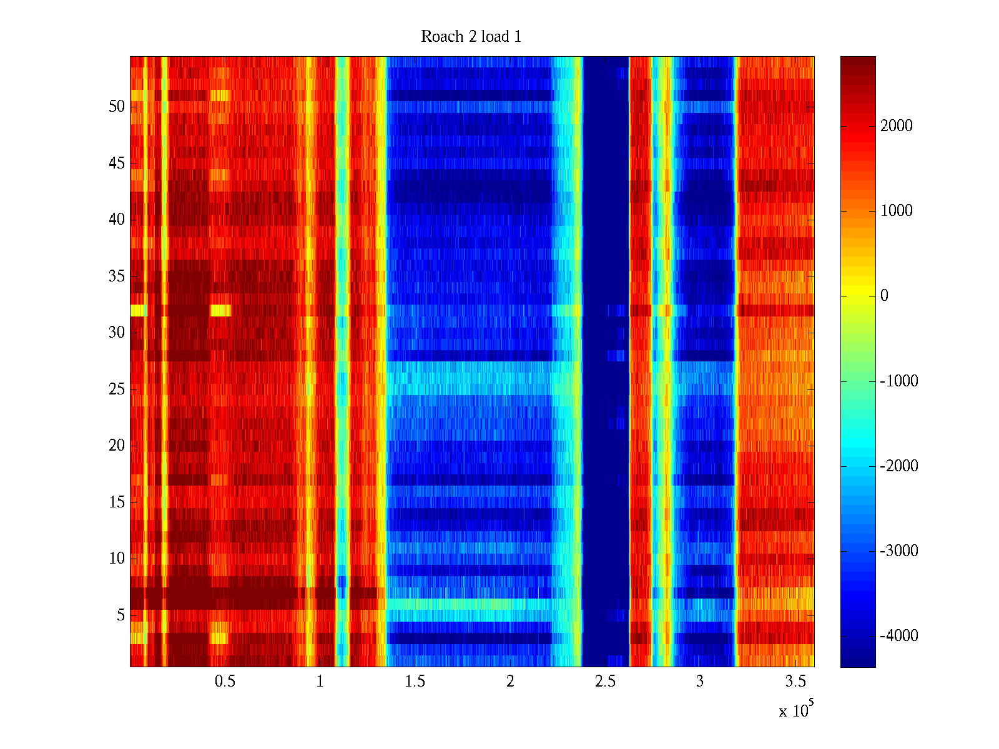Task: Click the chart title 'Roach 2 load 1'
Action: [x=471, y=37]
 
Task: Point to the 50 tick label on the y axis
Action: [x=117, y=107]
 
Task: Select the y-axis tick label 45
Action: [x=117, y=164]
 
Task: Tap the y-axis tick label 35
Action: [x=117, y=277]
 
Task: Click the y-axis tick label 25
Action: [x=117, y=389]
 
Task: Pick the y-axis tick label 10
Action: [x=117, y=559]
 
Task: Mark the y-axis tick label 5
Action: [x=121, y=615]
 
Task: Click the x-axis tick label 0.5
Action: [x=225, y=682]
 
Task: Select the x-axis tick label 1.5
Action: [x=415, y=682]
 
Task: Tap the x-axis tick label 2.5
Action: [x=604, y=682]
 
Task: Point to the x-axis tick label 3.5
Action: [x=795, y=682]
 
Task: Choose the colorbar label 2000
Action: [x=897, y=126]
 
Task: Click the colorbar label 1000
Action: [x=897, y=211]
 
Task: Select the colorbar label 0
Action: [x=884, y=296]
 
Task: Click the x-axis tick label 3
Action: [x=700, y=682]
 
